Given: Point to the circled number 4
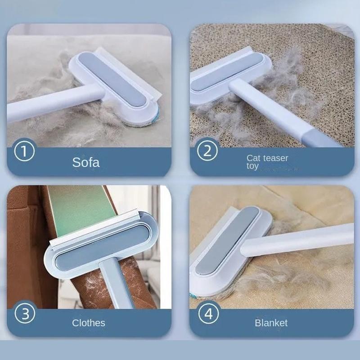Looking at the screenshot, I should coord(208,314).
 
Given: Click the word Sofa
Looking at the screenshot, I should coord(86,162).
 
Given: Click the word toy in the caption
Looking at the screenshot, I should coord(252,166).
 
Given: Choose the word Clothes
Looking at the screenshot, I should coord(89,323).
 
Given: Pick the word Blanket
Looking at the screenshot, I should coord(271,323).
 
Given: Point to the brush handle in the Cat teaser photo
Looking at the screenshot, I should coord(279,112).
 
